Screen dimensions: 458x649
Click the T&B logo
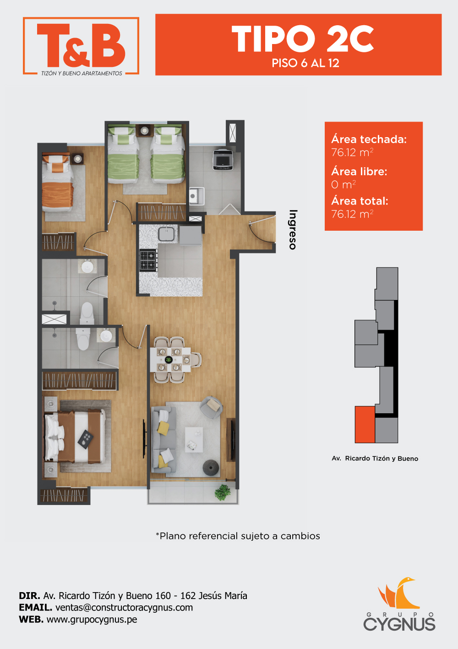(81, 46)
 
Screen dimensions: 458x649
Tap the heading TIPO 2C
(303, 39)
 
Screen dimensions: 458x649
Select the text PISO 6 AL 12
(305, 63)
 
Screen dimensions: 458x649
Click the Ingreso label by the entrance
(293, 230)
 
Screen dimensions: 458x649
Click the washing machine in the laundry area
(223, 160)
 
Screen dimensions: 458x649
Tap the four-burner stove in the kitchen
(148, 260)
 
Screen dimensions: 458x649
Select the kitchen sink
(166, 234)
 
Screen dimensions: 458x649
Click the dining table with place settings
(170, 360)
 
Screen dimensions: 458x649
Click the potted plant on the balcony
(222, 492)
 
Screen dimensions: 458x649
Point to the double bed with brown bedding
(75, 436)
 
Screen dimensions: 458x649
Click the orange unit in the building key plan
(365, 424)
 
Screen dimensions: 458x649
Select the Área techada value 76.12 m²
(352, 153)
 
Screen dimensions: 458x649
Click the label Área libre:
(359, 172)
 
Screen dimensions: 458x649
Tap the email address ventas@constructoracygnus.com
(124, 607)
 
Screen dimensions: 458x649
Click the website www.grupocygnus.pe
(92, 620)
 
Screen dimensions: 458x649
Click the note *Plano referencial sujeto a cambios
(238, 536)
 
